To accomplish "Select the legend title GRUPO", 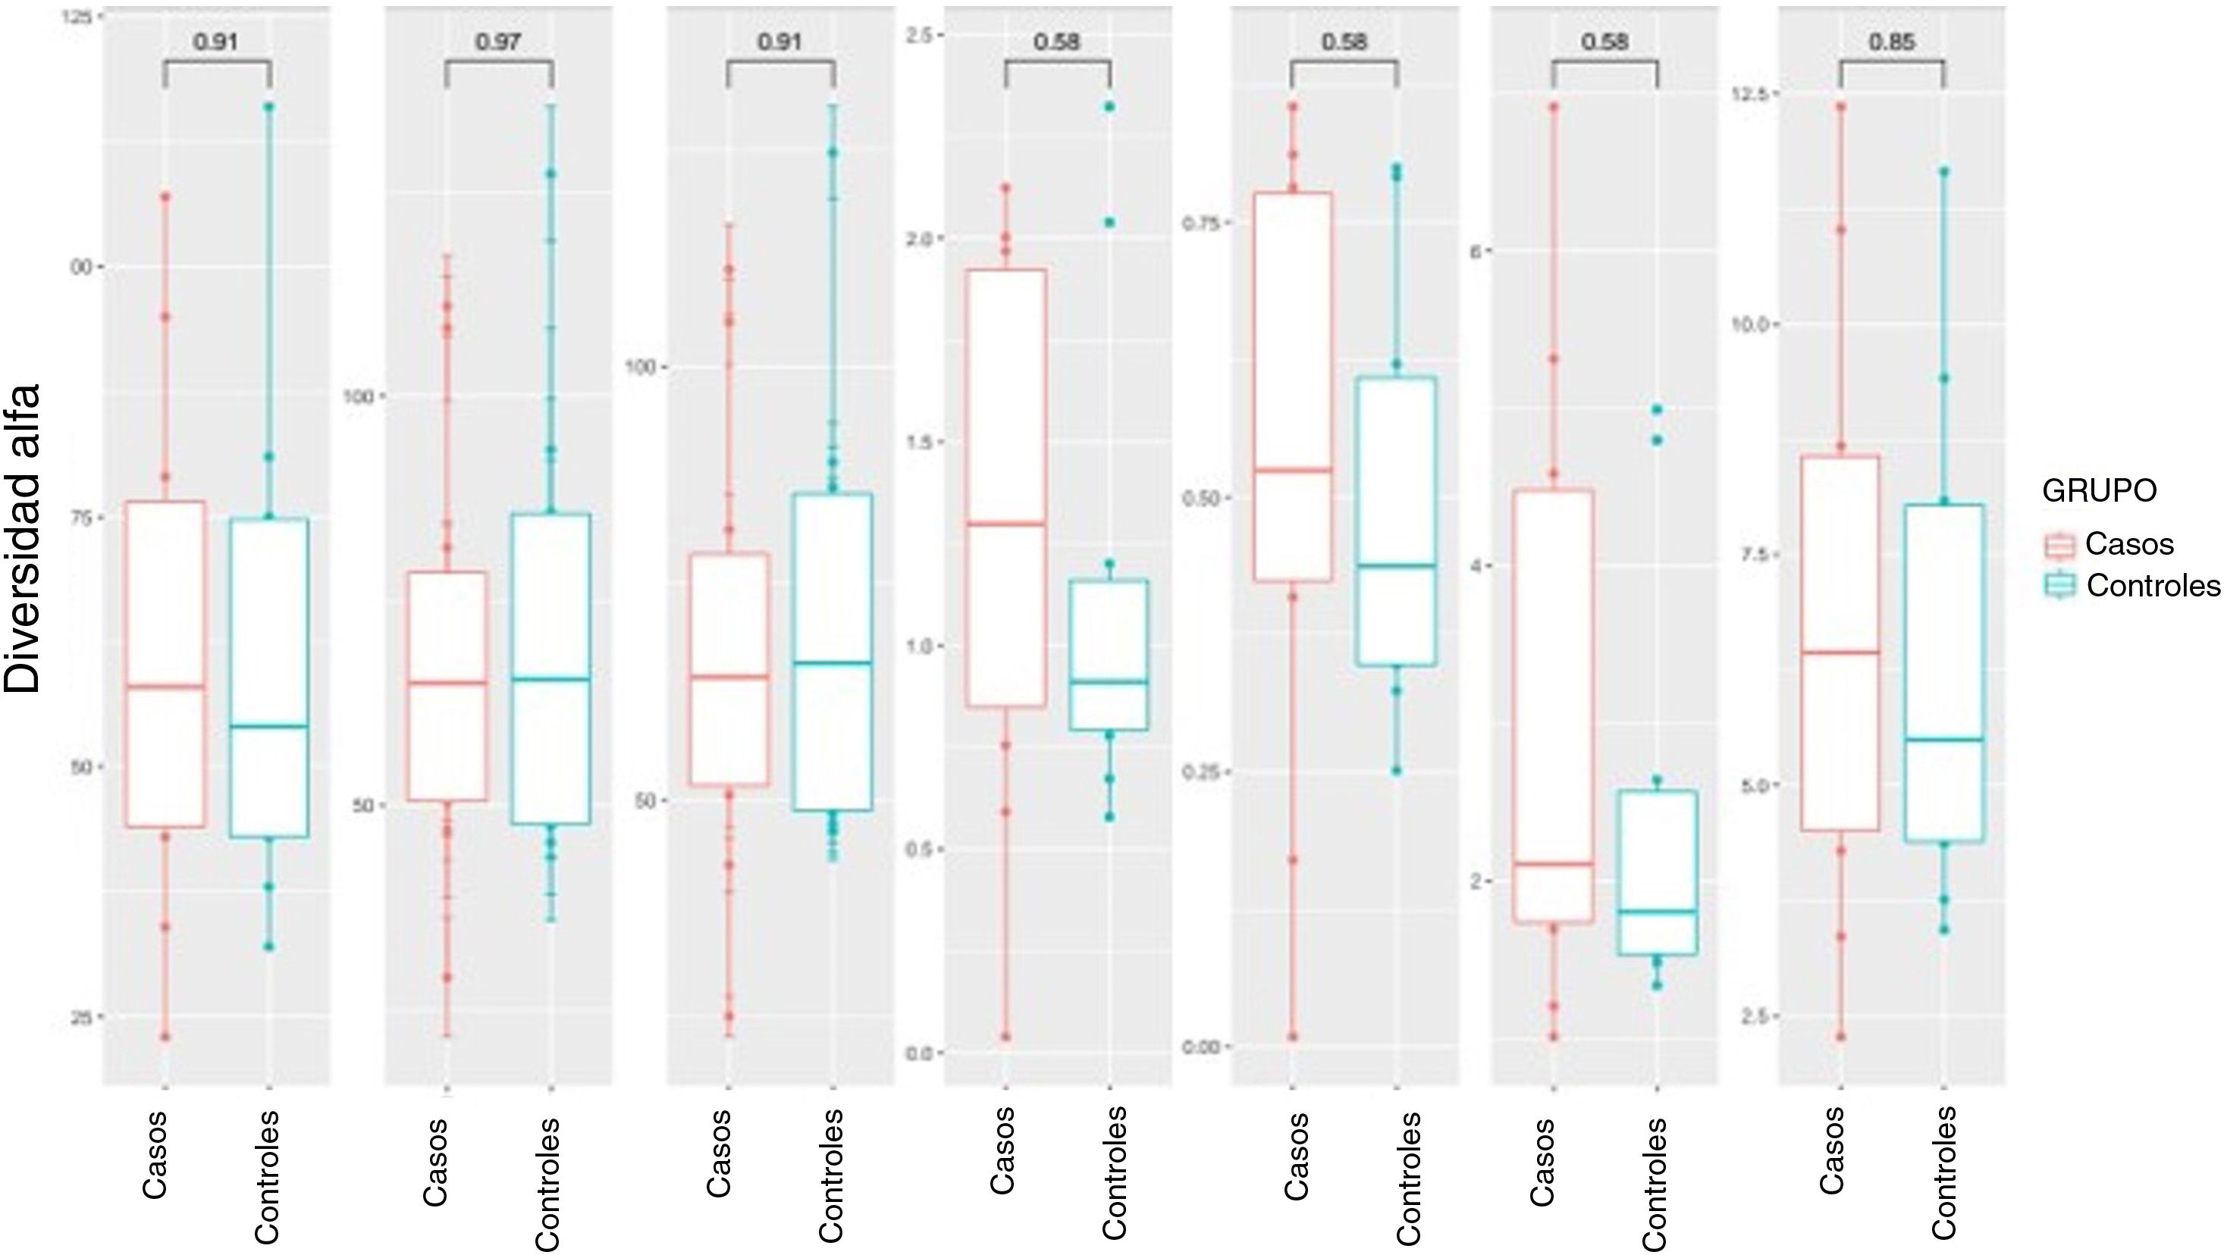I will [x=2099, y=490].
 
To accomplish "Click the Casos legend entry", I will [x=2128, y=544].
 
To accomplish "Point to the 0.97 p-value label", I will [x=498, y=41].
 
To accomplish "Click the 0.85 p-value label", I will [x=1892, y=41].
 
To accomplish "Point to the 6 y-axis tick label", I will [x=1476, y=250].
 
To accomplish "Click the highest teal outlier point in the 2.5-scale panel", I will [x=1109, y=107].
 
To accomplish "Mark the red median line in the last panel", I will [x=1840, y=653].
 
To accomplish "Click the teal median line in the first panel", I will [x=268, y=726].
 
